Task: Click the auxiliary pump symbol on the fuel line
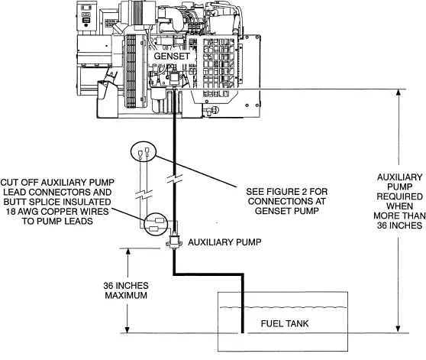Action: pyautogui.click(x=175, y=239)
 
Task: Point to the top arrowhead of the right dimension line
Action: pyautogui.click(x=400, y=93)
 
